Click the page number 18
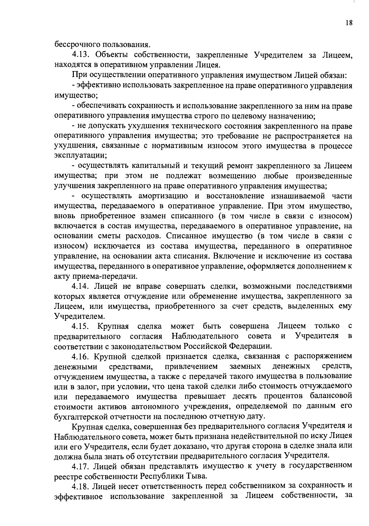(349, 23)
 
